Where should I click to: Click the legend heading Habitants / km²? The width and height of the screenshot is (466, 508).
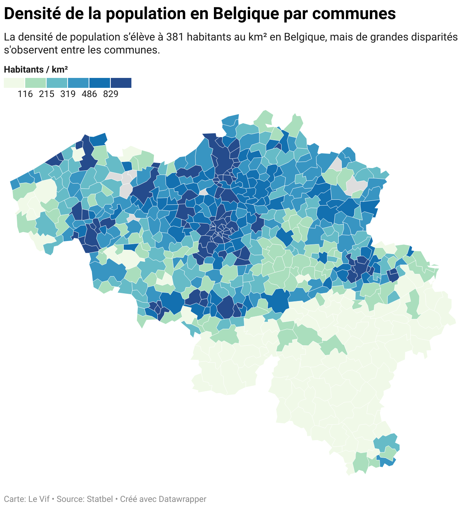point(36,70)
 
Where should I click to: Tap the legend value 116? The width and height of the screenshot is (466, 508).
point(25,94)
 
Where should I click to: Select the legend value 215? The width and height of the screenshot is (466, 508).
point(47,94)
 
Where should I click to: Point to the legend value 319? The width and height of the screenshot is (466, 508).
point(68,94)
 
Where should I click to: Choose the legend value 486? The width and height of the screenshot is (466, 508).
point(89,94)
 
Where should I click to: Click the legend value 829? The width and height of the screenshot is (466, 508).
point(111,94)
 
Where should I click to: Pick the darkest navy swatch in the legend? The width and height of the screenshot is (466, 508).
point(121,83)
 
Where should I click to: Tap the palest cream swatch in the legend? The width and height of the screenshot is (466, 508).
point(14,83)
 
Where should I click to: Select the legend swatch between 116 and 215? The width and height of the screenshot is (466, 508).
point(36,83)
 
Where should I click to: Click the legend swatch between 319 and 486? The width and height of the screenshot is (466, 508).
point(78,83)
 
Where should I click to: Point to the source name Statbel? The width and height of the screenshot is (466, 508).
point(100,499)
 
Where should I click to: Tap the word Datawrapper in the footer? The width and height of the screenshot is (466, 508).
point(182,499)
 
